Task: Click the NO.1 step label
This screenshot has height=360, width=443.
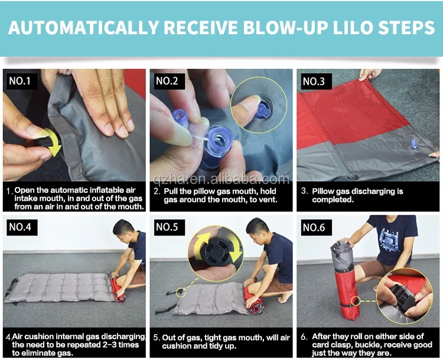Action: [20, 81]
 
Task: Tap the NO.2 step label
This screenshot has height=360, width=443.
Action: [167, 81]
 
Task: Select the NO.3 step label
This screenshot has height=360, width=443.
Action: [314, 81]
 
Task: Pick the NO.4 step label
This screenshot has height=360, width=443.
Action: [20, 227]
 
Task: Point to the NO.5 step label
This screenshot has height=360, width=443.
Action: [167, 227]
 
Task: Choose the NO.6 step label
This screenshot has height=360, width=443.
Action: [314, 227]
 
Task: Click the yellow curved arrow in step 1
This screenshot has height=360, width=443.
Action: [54, 142]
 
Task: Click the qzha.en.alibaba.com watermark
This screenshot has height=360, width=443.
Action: [221, 179]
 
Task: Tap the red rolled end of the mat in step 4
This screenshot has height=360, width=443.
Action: [118, 288]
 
